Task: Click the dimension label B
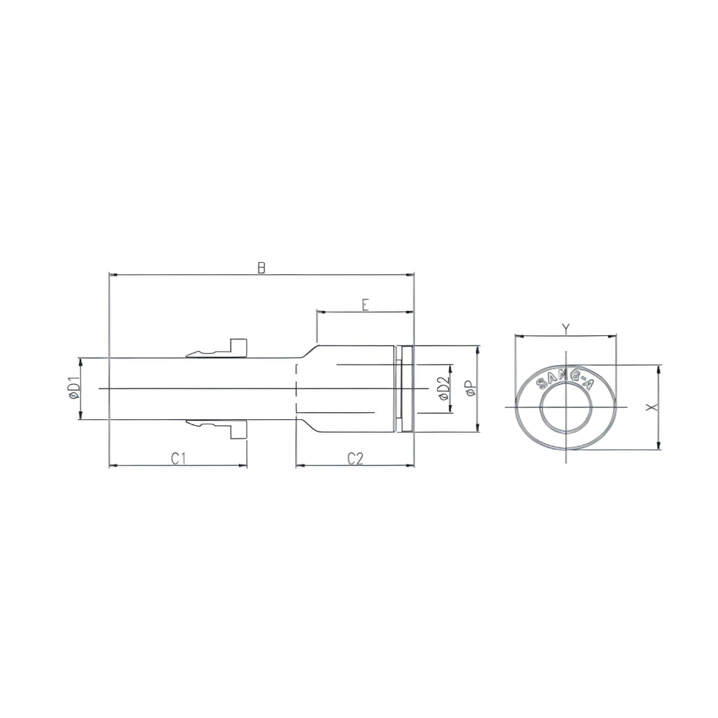262,268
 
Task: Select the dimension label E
365,305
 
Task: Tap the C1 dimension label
179,459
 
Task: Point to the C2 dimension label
355,459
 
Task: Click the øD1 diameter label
73,388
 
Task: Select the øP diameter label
470,388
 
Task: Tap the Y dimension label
566,329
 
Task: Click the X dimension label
651,407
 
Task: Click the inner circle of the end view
567,407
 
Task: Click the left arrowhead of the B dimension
112,274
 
